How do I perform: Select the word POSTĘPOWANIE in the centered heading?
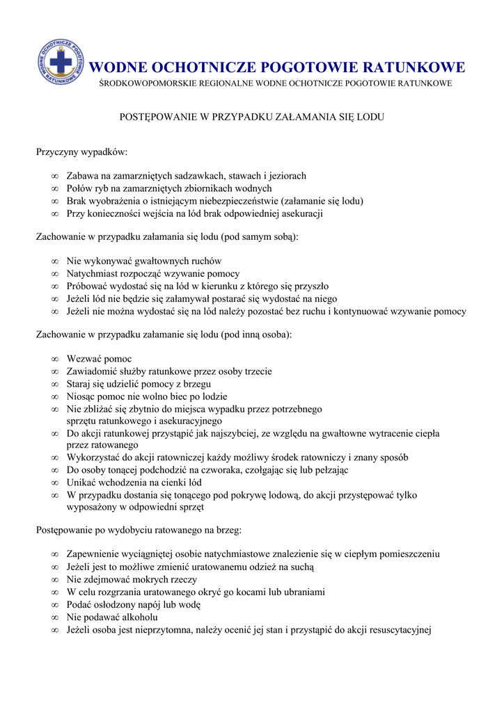point(156,118)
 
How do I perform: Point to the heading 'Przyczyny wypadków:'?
point(82,151)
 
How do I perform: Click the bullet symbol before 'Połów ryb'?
point(54,188)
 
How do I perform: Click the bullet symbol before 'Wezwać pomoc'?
point(54,359)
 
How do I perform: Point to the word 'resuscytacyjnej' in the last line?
point(398,630)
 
